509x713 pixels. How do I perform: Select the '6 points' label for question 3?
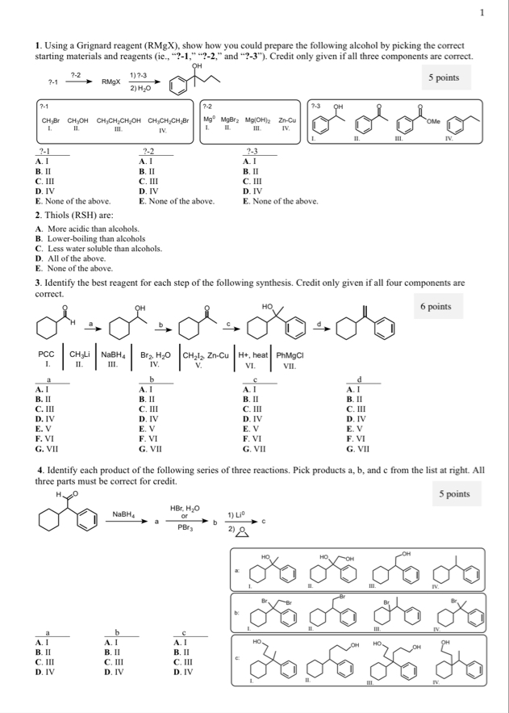click(436, 307)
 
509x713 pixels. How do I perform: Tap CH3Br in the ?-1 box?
click(51, 121)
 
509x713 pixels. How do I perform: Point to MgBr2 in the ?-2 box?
click(233, 120)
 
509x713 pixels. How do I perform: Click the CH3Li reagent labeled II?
click(81, 354)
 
